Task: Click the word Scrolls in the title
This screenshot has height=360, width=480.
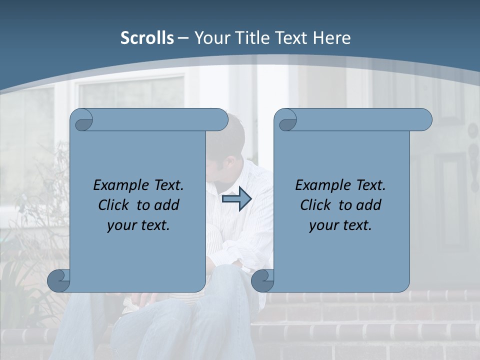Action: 147,38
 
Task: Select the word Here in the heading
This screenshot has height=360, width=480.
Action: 331,38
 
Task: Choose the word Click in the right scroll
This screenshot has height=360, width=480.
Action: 315,205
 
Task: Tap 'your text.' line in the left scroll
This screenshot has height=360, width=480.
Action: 138,225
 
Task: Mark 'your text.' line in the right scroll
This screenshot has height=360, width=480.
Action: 340,225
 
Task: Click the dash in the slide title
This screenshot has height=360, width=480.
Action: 183,38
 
